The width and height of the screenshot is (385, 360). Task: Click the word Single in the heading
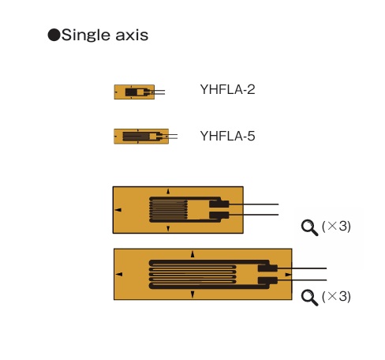coord(85,36)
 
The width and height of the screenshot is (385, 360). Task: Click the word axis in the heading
coord(132,36)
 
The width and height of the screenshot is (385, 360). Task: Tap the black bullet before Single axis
coord(54,35)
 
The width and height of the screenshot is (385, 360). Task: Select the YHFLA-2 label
coord(227,89)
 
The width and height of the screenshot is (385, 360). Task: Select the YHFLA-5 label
coord(227,136)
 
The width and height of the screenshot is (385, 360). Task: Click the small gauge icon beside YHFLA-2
coord(140,92)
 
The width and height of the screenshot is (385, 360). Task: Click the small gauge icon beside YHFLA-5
coord(145,137)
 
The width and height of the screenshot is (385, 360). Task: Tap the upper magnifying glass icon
coord(309,228)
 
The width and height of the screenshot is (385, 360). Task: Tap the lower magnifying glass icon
coord(309,298)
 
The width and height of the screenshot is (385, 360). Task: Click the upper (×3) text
coord(336,226)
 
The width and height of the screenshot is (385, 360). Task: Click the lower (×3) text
coord(336,297)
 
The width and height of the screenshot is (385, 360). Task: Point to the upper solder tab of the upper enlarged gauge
coord(219,204)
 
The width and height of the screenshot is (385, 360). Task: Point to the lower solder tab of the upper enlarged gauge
coord(219,215)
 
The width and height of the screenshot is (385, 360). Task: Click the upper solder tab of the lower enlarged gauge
coord(267,268)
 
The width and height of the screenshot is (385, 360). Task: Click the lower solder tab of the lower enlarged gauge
coord(267,280)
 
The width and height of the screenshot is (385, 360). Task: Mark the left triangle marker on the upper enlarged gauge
coord(118,210)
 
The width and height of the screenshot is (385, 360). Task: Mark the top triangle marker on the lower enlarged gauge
coord(192,254)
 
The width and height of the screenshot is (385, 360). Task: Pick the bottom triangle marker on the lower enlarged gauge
coord(192,294)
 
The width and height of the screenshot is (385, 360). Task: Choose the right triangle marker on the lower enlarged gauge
coord(288,275)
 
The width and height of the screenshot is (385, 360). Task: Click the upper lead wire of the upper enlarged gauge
coord(254,204)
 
